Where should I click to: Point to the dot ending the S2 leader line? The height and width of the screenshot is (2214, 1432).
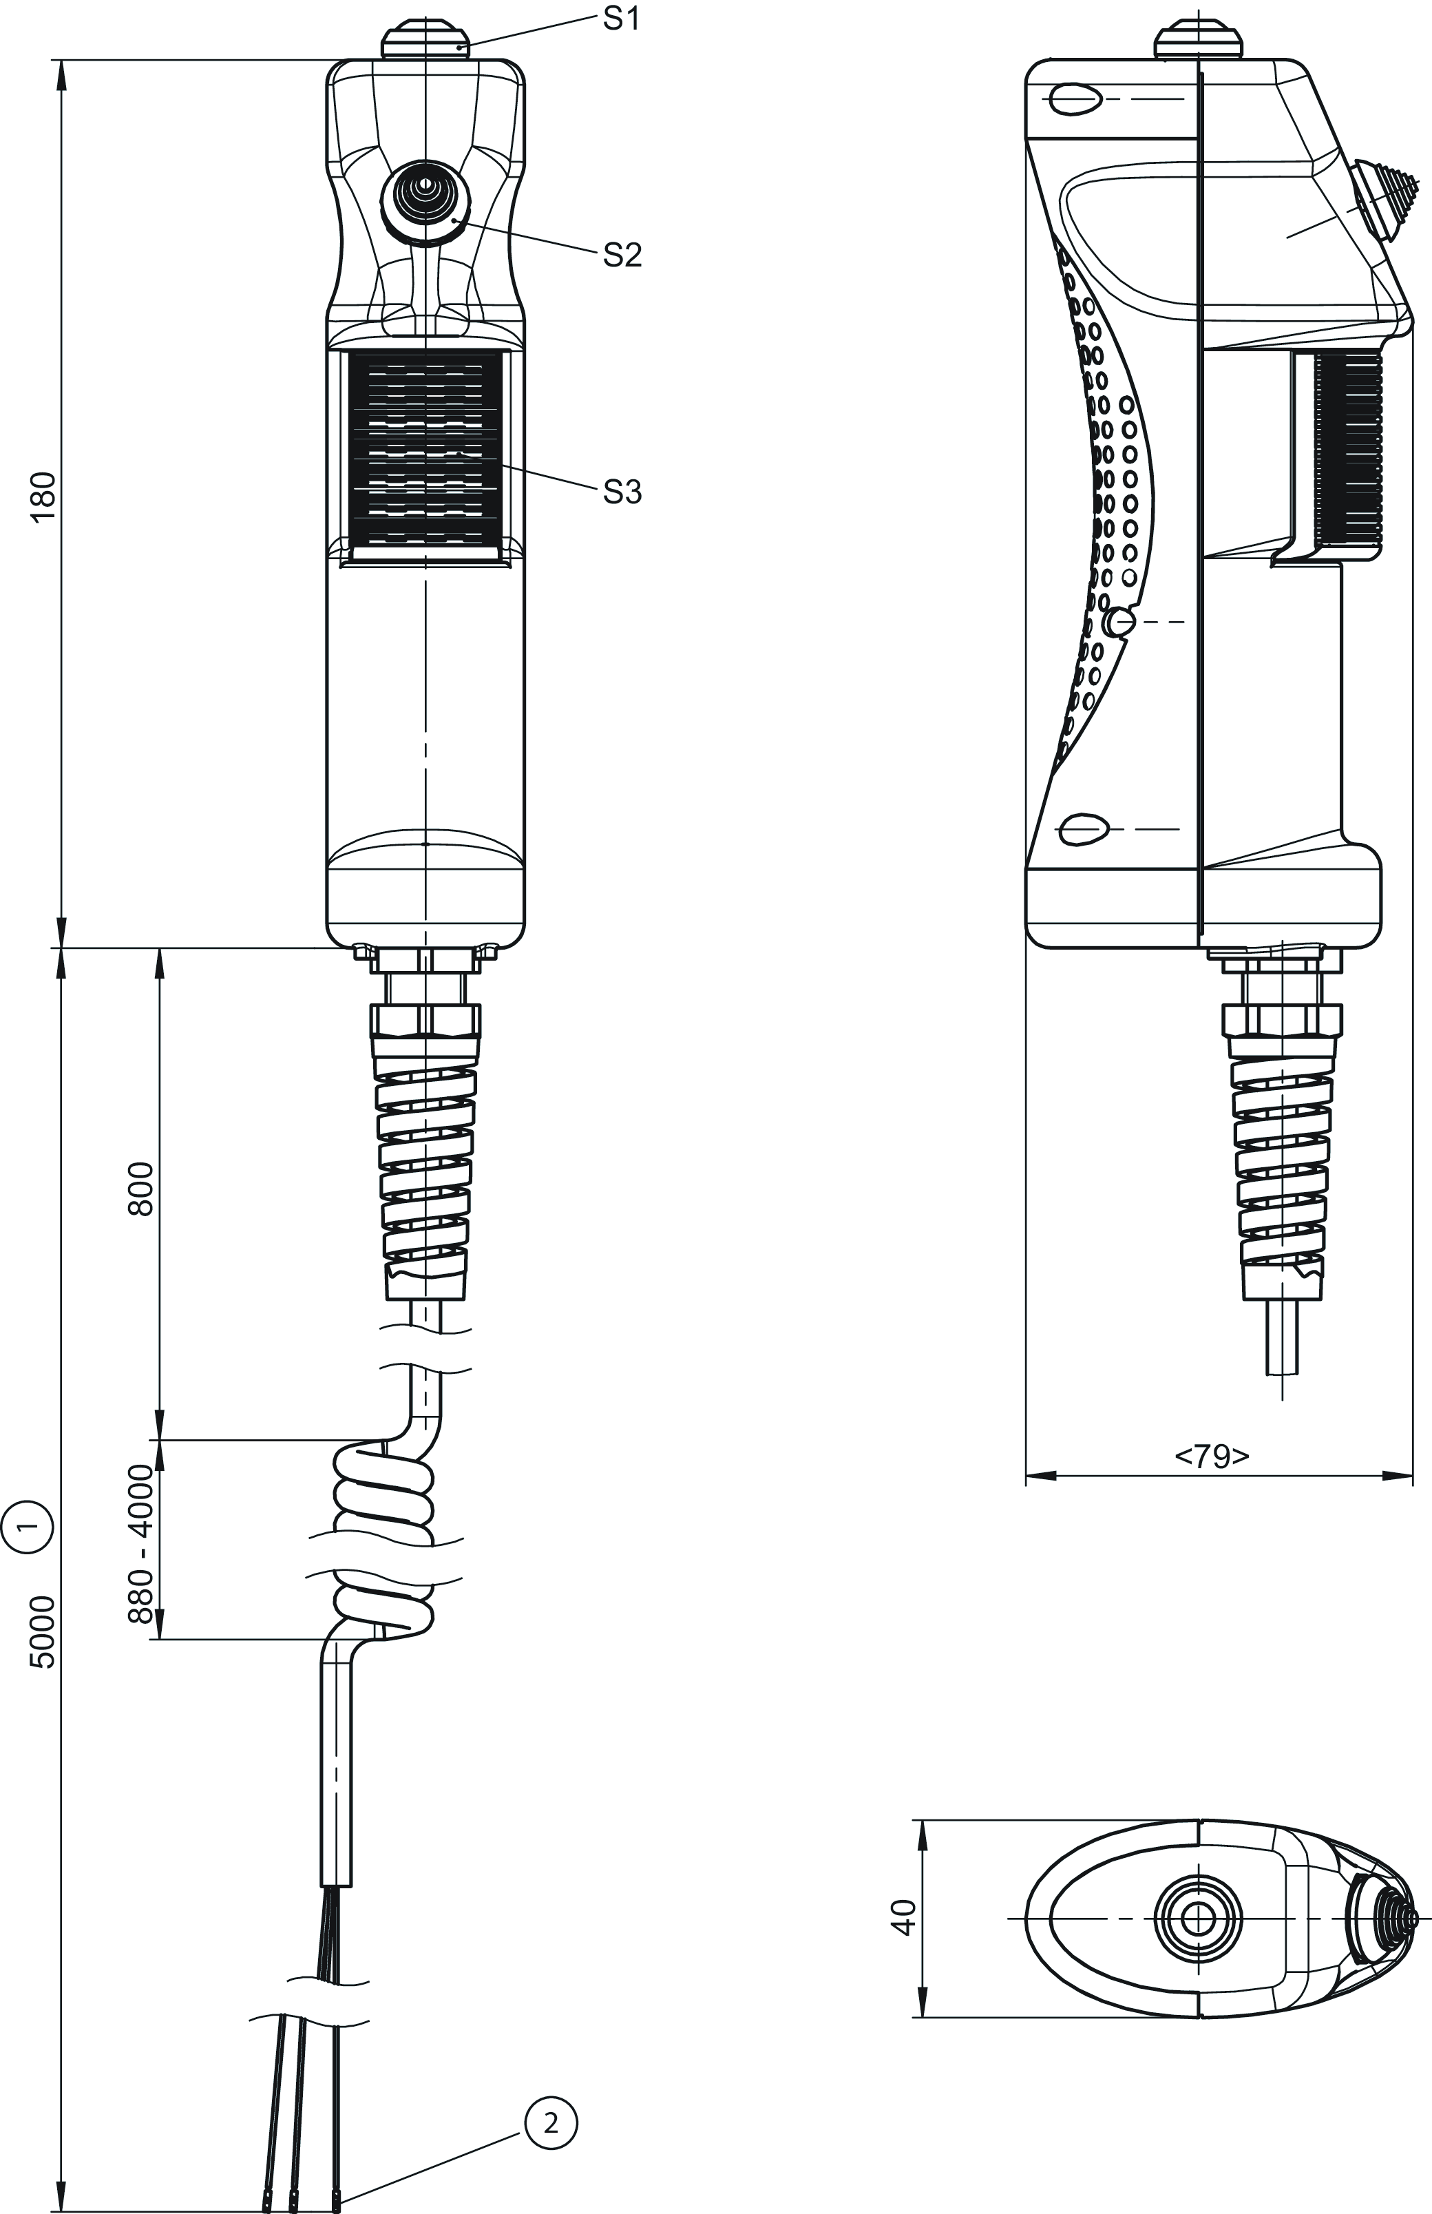(454, 220)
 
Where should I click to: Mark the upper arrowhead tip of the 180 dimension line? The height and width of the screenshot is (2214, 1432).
(62, 61)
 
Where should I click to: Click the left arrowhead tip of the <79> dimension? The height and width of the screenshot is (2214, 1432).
(1026, 1476)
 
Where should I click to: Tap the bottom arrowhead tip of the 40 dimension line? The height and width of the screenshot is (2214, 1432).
(923, 2018)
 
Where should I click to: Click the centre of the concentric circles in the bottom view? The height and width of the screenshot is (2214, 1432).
(1198, 1919)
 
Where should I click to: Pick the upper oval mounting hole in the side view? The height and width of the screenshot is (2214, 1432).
(1073, 98)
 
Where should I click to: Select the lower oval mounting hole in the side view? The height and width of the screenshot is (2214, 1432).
(1084, 828)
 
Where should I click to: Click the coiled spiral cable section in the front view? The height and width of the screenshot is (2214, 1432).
(382, 1539)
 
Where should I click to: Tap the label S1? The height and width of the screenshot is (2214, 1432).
(621, 19)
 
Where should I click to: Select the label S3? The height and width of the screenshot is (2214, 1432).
(621, 492)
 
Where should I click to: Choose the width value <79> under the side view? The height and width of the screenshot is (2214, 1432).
(1212, 1457)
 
